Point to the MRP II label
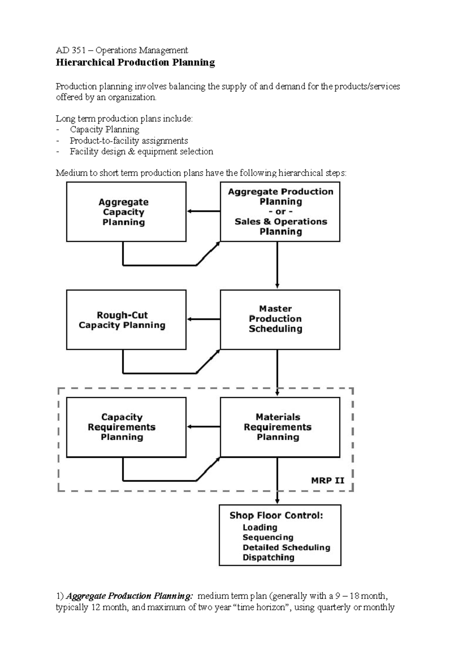click(327, 480)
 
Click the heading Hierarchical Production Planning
click(135, 63)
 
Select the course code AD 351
click(68, 50)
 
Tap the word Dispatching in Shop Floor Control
click(268, 557)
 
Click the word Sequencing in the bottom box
click(268, 538)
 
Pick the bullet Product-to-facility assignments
click(128, 141)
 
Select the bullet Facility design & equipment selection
click(141, 151)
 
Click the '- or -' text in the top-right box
click(281, 212)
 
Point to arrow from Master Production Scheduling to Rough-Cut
click(204, 320)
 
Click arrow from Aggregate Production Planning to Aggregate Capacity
click(204, 211)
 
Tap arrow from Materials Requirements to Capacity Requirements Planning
click(204, 427)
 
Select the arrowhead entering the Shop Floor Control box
click(277, 501)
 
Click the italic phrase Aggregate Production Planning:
click(129, 596)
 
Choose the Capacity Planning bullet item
click(104, 130)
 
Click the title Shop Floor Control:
click(276, 515)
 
